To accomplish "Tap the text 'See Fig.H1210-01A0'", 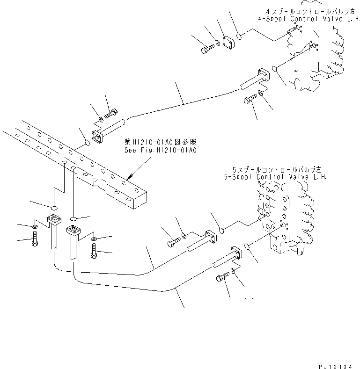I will [x=160, y=150].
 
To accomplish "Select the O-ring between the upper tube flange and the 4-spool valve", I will [x=275, y=70].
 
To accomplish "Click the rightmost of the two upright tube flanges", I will [x=73, y=230].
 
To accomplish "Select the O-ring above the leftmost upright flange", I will [x=54, y=207].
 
